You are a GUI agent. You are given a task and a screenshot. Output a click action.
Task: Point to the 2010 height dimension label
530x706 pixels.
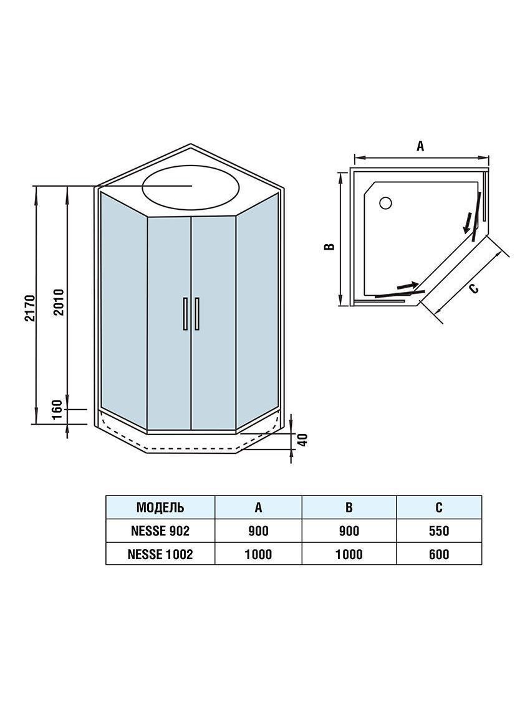pyautogui.click(x=58, y=302)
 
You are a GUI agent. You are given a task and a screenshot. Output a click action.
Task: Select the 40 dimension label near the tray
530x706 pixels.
pyautogui.click(x=302, y=439)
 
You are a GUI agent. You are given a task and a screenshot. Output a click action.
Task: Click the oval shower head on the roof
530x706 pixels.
pyautogui.click(x=191, y=186)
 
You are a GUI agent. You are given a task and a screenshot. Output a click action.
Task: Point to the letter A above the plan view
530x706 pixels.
pyautogui.click(x=420, y=146)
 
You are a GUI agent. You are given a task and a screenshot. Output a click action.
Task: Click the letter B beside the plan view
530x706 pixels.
pyautogui.click(x=330, y=246)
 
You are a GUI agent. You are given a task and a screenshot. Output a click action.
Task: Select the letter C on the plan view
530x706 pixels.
pyautogui.click(x=474, y=288)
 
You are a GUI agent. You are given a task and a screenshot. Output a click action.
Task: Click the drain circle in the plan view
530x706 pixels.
pyautogui.click(x=385, y=202)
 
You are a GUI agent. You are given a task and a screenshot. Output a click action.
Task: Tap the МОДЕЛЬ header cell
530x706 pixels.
pyautogui.click(x=160, y=507)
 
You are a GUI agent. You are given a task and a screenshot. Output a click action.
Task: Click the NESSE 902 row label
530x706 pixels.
pyautogui.click(x=160, y=531)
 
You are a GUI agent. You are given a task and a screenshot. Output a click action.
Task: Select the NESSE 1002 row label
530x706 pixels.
pyautogui.click(x=160, y=554)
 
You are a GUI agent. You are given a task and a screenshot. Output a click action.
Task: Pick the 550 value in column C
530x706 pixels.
pyautogui.click(x=439, y=531)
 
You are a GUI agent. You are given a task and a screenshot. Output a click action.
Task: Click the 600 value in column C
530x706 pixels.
pyautogui.click(x=439, y=554)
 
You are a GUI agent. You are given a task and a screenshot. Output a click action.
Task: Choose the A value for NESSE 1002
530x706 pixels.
pyautogui.click(x=258, y=554)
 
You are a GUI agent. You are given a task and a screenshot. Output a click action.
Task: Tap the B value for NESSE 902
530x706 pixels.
pyautogui.click(x=349, y=531)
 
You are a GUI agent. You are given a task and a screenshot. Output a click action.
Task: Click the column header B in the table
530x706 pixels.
pyautogui.click(x=349, y=507)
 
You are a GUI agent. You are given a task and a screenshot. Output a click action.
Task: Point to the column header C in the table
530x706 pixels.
pyautogui.click(x=439, y=507)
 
